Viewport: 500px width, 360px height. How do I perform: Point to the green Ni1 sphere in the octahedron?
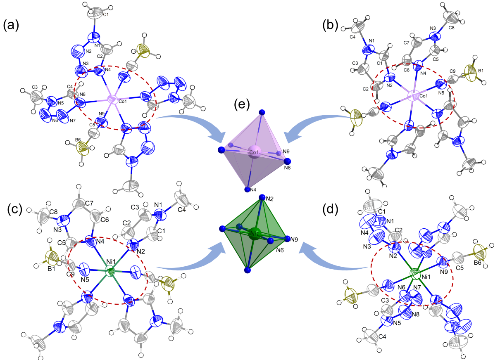point(255,233)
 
